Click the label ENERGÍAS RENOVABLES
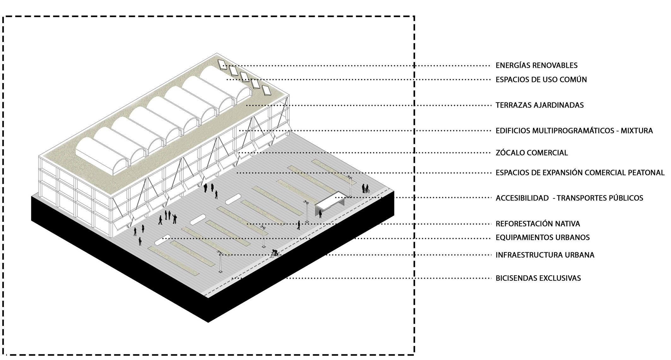tap(536, 65)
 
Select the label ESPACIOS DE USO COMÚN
tap(541, 80)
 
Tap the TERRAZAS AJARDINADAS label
tap(539, 105)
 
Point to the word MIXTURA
tap(637, 131)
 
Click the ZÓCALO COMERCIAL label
tap(532, 153)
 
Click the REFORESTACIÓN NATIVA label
tap(538, 224)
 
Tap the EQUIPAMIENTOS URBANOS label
tap(543, 238)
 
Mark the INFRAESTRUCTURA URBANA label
tap(545, 255)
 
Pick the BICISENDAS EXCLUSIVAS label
tap(538, 278)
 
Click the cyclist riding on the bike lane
tap(275, 253)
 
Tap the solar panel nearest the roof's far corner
tap(222, 64)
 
